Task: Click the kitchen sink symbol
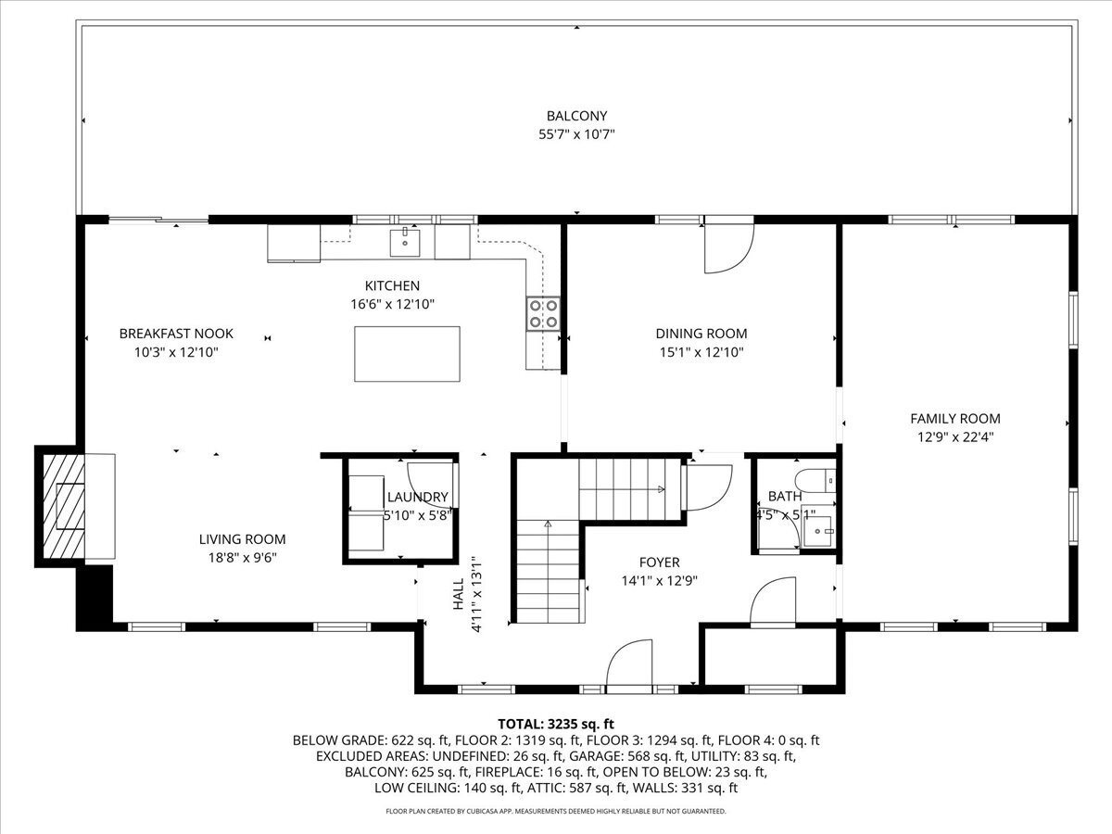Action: [x=405, y=243]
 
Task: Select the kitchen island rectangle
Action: [x=407, y=353]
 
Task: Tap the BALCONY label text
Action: [x=576, y=116]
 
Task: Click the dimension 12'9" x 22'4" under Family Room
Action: [x=954, y=436]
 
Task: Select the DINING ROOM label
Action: [x=701, y=334]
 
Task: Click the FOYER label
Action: [x=659, y=562]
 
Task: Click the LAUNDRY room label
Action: [x=417, y=498]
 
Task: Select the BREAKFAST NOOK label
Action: [x=176, y=334]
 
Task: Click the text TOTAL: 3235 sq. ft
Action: [x=556, y=723]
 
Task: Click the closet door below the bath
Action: [x=774, y=602]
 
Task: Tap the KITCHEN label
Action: [x=392, y=285]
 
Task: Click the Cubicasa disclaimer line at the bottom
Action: [x=556, y=811]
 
